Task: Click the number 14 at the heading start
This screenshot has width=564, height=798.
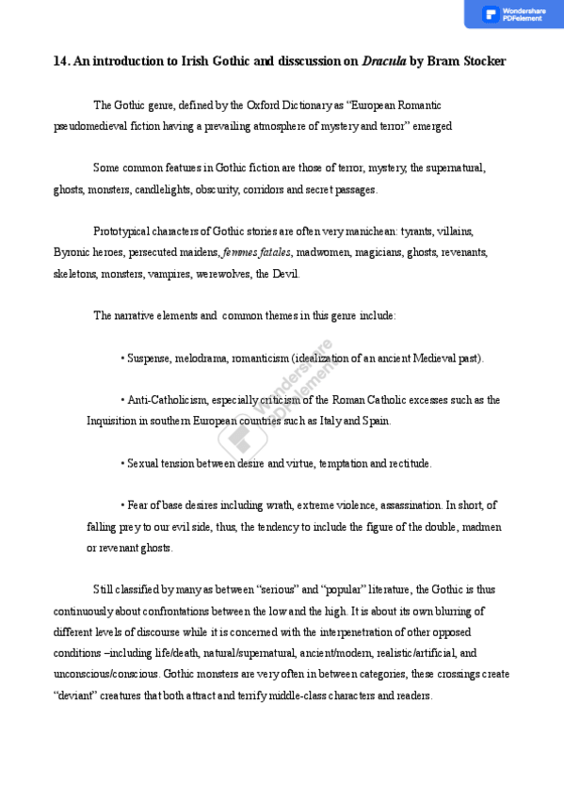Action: pyautogui.click(x=59, y=61)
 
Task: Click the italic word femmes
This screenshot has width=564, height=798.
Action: pyautogui.click(x=239, y=252)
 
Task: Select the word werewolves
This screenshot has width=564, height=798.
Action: pyautogui.click(x=222, y=274)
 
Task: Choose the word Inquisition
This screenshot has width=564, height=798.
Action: pyautogui.click(x=111, y=421)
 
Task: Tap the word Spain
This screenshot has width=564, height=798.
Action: pyautogui.click(x=376, y=421)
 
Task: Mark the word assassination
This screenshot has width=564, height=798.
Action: pyautogui.click(x=408, y=505)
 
